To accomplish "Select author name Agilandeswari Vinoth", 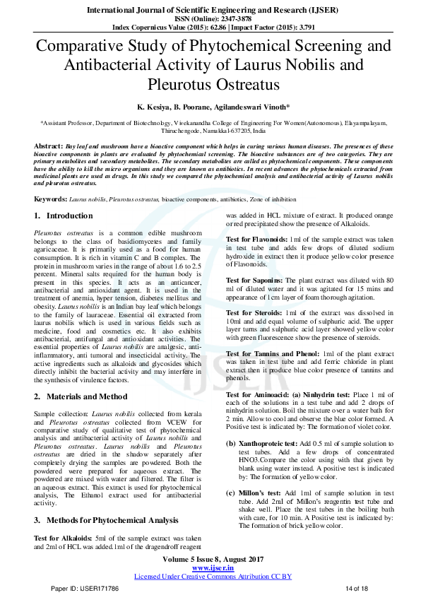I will click(250, 107).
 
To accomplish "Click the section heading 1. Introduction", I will click(64, 215).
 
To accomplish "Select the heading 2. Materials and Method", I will click(82, 397).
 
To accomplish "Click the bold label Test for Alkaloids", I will click(62, 538).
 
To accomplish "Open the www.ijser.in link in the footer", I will click(213, 567).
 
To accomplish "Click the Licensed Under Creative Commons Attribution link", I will click(213, 576).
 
